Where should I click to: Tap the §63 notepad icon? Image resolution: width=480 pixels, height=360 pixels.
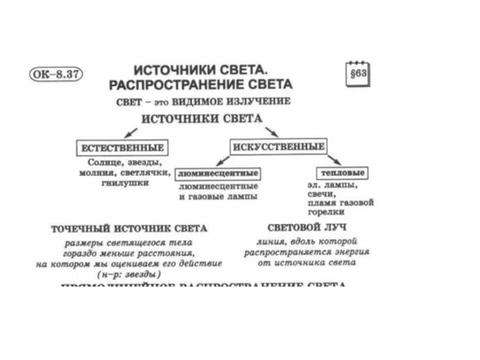(x=359, y=74)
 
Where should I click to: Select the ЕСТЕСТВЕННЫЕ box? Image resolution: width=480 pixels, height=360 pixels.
(x=122, y=147)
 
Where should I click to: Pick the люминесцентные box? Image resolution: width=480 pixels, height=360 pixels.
(x=219, y=173)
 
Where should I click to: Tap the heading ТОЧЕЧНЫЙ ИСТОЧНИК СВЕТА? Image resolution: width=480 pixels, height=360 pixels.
(x=129, y=229)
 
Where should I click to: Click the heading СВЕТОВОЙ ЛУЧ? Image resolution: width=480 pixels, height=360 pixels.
(x=308, y=227)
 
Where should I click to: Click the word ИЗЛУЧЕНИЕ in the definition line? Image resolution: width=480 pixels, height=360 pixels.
(x=259, y=101)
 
